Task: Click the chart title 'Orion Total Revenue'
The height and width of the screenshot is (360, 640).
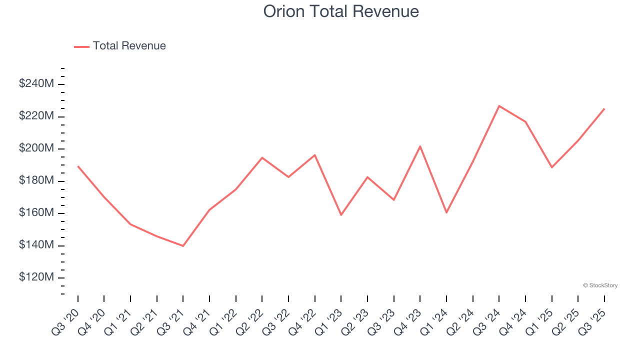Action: click(341, 11)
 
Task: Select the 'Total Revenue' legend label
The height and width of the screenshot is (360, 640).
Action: click(129, 46)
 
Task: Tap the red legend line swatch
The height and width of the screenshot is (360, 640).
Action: click(81, 46)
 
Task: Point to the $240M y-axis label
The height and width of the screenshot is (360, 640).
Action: click(36, 84)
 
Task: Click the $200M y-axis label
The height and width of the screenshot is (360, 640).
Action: click(36, 148)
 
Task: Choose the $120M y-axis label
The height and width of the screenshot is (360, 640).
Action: click(36, 277)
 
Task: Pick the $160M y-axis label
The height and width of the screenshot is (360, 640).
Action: click(36, 213)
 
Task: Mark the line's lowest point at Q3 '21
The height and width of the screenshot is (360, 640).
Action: click(183, 246)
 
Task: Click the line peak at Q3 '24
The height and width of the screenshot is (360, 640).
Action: click(499, 106)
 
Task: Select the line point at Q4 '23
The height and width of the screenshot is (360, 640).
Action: click(420, 146)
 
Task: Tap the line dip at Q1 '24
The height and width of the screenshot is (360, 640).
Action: click(446, 212)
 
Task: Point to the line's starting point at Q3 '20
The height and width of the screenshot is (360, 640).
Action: click(78, 166)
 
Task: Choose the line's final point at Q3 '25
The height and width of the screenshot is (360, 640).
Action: click(604, 108)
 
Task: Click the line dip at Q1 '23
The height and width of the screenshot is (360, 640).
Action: click(341, 215)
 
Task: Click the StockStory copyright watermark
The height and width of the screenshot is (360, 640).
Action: click(600, 285)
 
